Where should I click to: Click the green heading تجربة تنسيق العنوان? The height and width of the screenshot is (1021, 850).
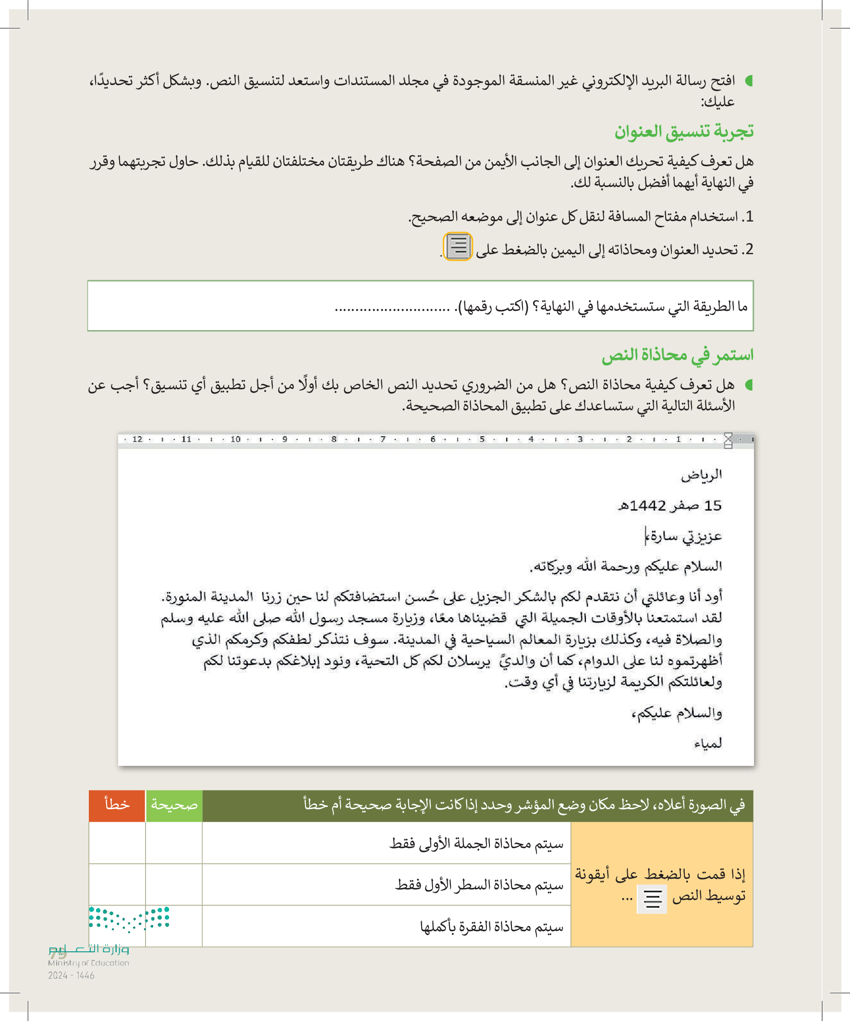[x=683, y=132]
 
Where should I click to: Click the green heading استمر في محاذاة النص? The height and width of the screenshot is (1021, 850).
[x=677, y=355]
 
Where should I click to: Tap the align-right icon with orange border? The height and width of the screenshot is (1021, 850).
[x=458, y=246]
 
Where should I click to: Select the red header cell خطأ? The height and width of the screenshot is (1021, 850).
[x=117, y=805]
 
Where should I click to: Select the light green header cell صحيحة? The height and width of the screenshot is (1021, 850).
[x=174, y=805]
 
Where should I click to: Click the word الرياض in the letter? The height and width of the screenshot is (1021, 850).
[x=701, y=475]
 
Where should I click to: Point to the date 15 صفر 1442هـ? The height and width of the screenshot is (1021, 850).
[x=669, y=505]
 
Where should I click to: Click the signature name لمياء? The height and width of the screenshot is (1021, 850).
[x=707, y=743]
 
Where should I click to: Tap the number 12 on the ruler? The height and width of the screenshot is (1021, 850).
[x=137, y=440]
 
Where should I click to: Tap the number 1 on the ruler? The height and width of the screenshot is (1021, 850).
[x=678, y=440]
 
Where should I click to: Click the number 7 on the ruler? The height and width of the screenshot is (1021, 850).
[x=383, y=440]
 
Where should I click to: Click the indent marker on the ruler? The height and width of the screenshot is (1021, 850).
[x=728, y=441]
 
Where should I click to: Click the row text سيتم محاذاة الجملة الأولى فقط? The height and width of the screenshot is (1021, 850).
[x=476, y=844]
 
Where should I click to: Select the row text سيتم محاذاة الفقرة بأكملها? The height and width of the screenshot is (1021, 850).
[x=491, y=927]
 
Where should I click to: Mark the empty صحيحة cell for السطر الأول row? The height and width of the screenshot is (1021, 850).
[x=174, y=885]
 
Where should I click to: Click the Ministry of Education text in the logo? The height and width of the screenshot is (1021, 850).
[x=88, y=963]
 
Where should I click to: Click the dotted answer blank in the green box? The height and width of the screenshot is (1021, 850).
[x=392, y=308]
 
